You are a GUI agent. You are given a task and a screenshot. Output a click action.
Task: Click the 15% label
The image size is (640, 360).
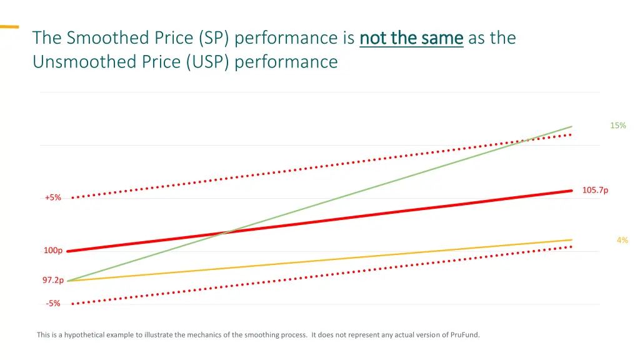(x=617, y=126)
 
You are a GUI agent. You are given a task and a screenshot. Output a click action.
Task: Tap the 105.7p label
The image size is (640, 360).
(x=595, y=191)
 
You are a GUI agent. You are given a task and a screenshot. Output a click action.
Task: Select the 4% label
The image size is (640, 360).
(x=622, y=240)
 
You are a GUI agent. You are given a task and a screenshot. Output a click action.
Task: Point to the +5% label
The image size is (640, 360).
(x=53, y=197)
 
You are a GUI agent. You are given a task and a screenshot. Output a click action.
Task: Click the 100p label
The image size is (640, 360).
(x=52, y=251)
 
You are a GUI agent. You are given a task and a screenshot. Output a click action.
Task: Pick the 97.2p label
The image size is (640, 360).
(x=52, y=281)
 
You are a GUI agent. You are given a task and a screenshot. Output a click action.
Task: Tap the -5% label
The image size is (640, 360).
(x=53, y=304)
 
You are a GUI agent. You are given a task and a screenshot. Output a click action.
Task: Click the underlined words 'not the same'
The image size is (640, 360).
(x=411, y=38)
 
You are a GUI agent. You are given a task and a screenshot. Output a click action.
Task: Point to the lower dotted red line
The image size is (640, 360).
(x=312, y=276)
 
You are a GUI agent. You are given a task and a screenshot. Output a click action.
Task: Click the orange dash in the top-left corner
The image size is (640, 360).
(x=9, y=27)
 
